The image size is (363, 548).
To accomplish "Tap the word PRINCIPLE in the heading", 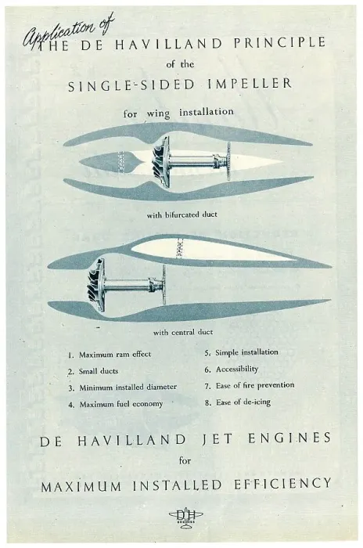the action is (x=279, y=43).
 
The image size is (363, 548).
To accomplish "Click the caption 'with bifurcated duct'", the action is (x=181, y=215).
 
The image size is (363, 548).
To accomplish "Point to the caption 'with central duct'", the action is (x=183, y=332).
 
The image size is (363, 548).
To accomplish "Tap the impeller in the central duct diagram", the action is (x=96, y=284).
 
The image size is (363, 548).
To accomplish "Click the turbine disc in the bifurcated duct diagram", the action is (x=229, y=160).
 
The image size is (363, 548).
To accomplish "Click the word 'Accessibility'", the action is (x=237, y=369).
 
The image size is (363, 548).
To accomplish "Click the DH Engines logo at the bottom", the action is (x=186, y=517).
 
